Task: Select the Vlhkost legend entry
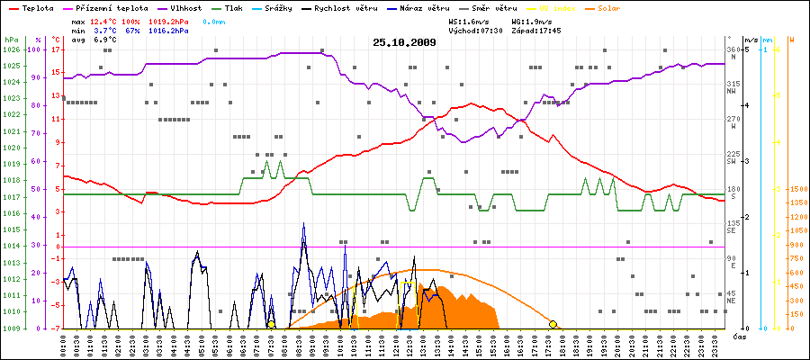click(x=180, y=6)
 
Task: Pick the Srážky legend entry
click(x=277, y=6)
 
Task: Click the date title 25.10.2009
click(x=404, y=41)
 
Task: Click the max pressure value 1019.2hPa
click(x=169, y=20)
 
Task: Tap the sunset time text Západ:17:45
click(x=536, y=30)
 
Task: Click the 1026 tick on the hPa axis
click(x=11, y=49)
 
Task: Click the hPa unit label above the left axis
click(x=11, y=40)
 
